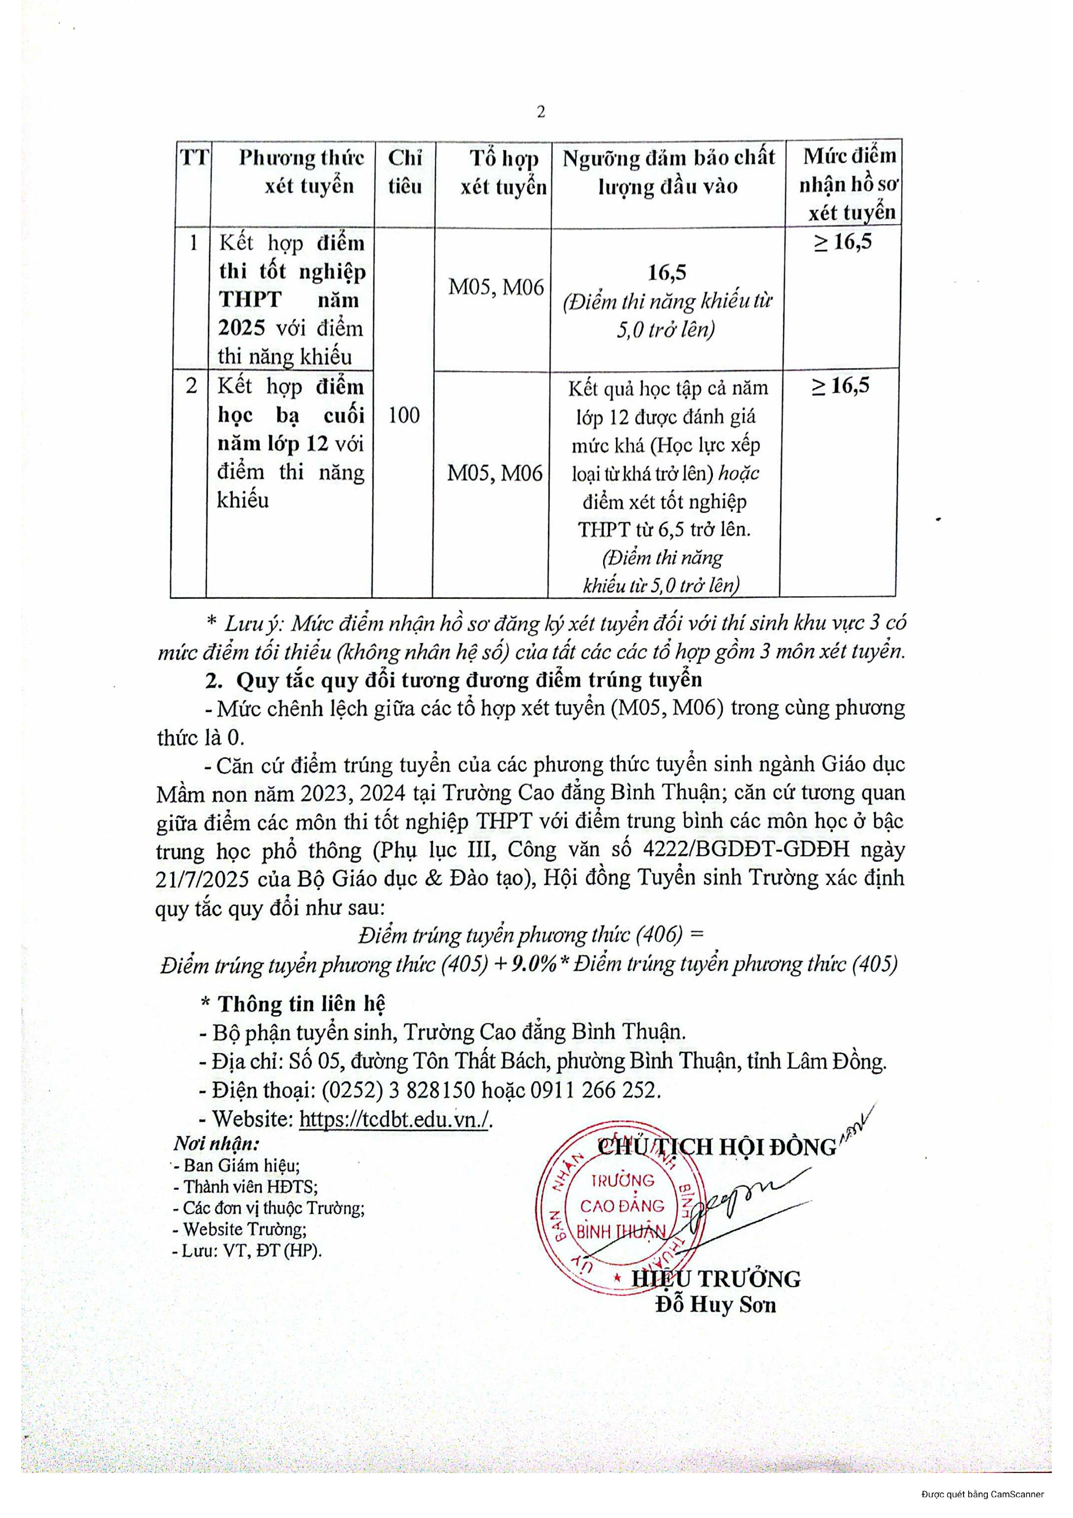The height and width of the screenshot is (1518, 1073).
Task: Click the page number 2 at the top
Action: click(x=541, y=112)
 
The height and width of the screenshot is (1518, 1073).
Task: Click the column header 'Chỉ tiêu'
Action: click(x=405, y=172)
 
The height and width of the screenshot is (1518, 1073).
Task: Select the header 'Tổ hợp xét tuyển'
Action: click(x=504, y=173)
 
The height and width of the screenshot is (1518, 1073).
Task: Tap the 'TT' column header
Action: click(x=194, y=158)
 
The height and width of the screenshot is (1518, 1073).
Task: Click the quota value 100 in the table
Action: click(x=403, y=415)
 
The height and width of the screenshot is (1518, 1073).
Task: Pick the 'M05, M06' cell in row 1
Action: click(x=496, y=287)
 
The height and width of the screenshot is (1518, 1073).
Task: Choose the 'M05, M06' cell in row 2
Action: click(x=495, y=473)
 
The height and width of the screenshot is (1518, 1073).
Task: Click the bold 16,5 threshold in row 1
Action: click(x=667, y=273)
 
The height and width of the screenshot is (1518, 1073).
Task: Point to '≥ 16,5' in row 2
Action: click(x=840, y=386)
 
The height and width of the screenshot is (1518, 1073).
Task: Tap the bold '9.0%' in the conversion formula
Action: click(x=532, y=965)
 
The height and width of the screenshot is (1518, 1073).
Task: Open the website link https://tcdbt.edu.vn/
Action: click(x=394, y=1119)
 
